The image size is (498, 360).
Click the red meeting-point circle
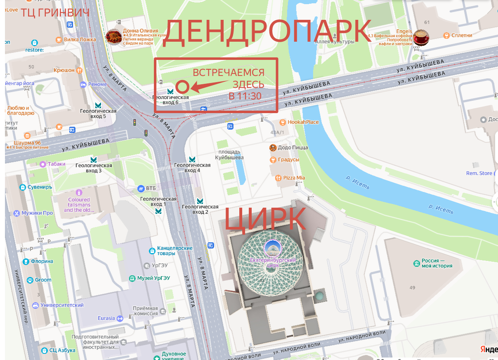point(182,87)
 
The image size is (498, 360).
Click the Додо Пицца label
point(293,147)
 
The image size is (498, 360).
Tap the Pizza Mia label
point(294,178)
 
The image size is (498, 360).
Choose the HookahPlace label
point(303,122)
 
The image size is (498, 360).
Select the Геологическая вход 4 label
point(192,168)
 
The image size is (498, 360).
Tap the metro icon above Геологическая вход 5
point(98,105)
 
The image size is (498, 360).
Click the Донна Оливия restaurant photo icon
point(113,37)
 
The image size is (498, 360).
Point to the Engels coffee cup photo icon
point(422,37)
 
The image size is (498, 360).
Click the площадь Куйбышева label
point(229,155)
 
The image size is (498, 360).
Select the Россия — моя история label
point(437,263)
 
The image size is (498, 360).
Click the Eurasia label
point(106,318)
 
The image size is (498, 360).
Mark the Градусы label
point(288,160)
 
